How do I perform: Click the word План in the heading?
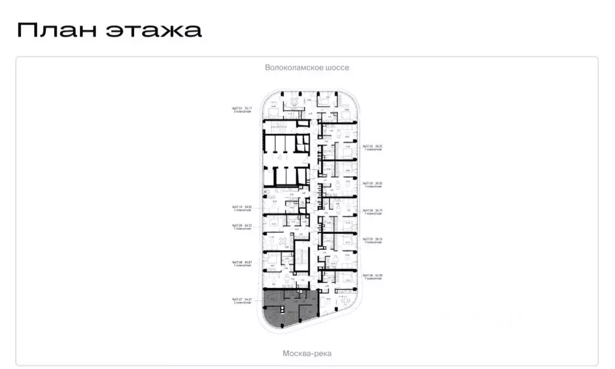point(55,29)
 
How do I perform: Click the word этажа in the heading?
point(154,30)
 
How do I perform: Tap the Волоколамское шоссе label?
point(307,68)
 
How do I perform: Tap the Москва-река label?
point(307,353)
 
